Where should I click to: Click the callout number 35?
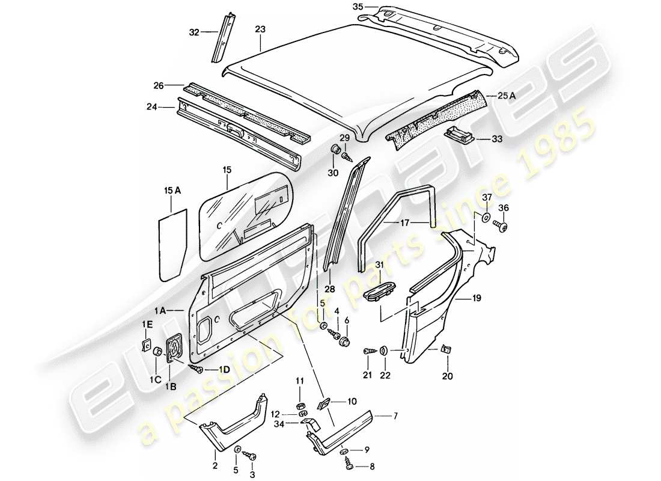(x=358, y=8)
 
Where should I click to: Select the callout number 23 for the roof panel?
(x=260, y=28)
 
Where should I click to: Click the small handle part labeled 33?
(x=460, y=134)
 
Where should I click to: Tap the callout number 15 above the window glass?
(x=227, y=170)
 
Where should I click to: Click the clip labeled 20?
(x=445, y=350)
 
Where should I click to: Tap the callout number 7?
(x=395, y=415)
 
